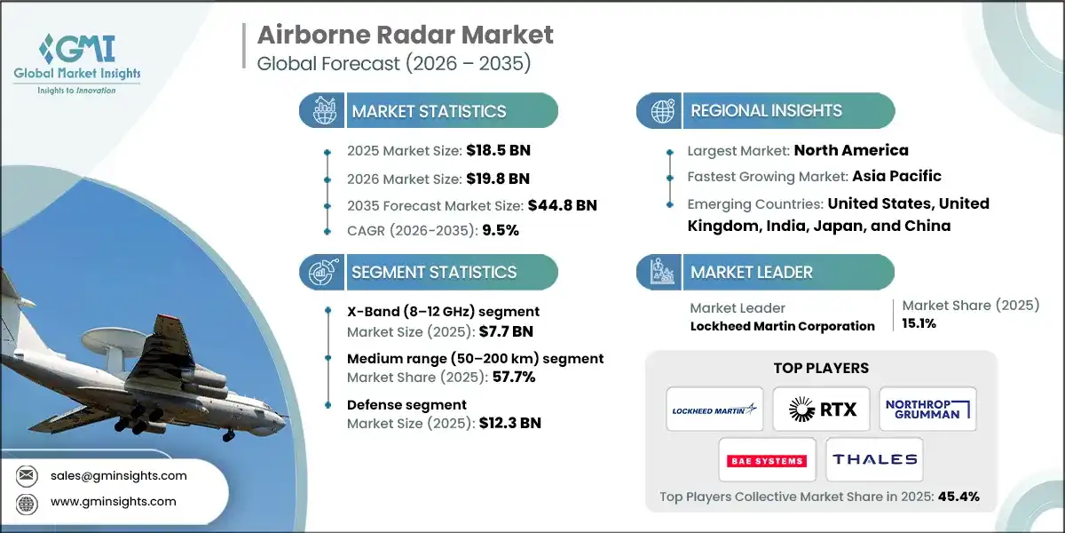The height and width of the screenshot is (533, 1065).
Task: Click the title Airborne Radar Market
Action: (x=405, y=35)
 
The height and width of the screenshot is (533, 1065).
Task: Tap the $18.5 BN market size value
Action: (x=500, y=150)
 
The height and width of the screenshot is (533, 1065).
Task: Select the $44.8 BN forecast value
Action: (x=563, y=205)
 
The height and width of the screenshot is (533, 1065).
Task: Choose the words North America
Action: (x=851, y=150)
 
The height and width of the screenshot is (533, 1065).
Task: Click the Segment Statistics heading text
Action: (x=434, y=273)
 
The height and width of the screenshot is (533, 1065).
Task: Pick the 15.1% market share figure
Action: (x=920, y=324)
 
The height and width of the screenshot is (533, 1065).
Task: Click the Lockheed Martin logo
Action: (x=714, y=409)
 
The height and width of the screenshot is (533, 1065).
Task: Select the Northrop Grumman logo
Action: (x=927, y=409)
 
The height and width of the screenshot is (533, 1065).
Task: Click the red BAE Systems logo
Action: (x=767, y=460)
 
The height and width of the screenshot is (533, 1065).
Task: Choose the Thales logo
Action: (x=874, y=459)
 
